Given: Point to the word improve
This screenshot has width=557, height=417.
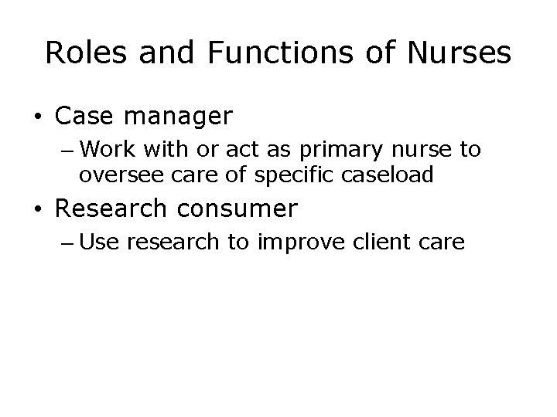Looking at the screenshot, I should [x=302, y=244].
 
